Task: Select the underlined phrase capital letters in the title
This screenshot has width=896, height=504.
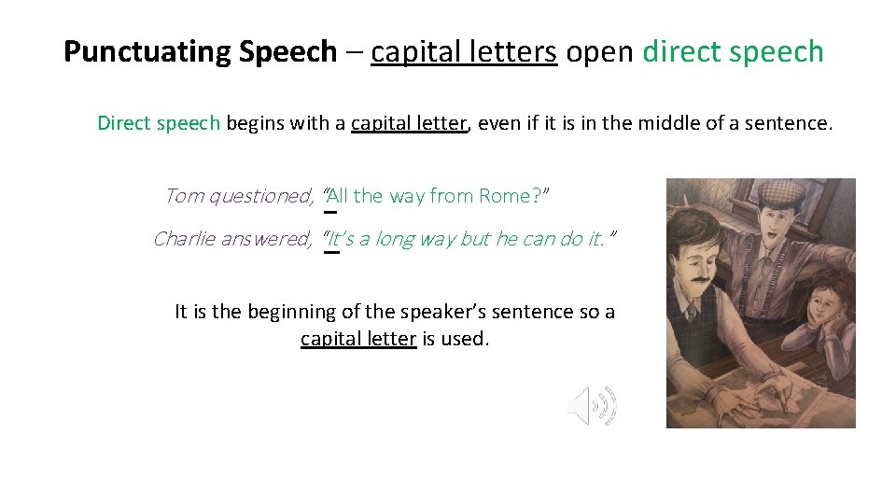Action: coord(464,51)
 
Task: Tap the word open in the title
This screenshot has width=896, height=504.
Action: coord(599,51)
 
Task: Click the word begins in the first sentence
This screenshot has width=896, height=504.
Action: coord(256,123)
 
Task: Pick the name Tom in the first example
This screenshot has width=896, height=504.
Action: coord(184,196)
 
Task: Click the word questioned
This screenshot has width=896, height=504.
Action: coord(261,196)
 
